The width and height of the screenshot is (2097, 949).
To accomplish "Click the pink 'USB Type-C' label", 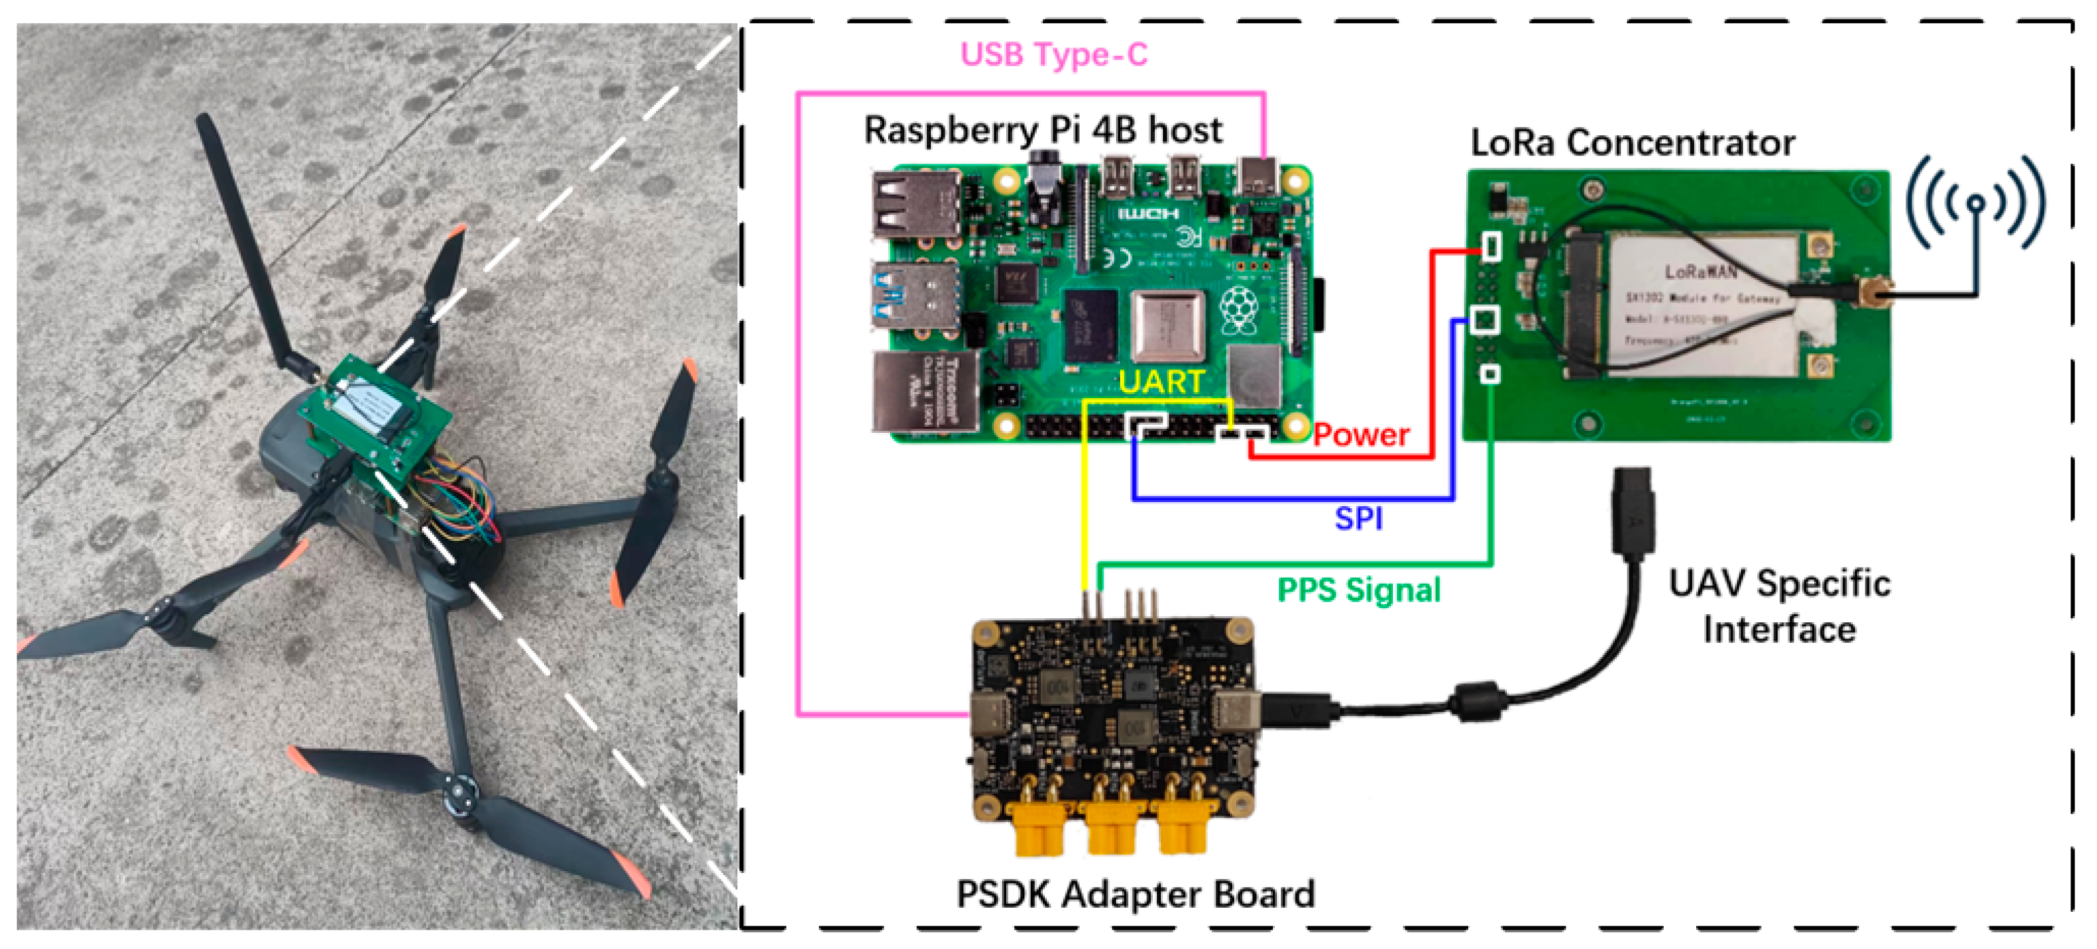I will (1054, 55).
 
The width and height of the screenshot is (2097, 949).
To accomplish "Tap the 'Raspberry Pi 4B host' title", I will (1043, 130).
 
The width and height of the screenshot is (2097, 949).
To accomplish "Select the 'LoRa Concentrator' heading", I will (1632, 143).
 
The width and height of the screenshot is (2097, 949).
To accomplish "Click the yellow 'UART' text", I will (1161, 381).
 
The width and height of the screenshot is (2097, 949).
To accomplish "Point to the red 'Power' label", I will (1361, 435).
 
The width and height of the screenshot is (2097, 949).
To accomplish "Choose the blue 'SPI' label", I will (1358, 518).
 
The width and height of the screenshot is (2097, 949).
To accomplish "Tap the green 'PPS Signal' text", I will (1359, 590).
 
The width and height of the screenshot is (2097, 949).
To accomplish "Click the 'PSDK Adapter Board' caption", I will (1135, 894).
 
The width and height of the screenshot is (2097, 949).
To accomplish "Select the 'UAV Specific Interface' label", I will (1779, 606).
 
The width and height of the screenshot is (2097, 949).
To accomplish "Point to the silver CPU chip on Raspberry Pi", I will (1168, 325).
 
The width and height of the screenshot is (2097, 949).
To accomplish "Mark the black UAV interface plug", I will (1632, 512).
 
